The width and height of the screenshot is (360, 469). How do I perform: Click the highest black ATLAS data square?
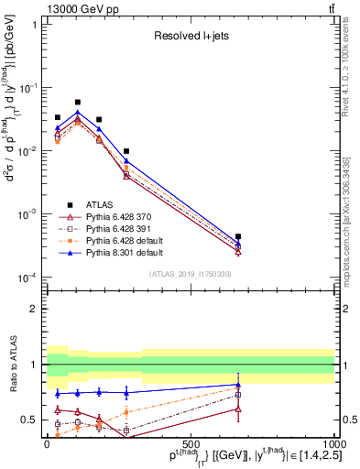(78, 103)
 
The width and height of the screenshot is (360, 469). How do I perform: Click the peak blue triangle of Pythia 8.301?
(78, 113)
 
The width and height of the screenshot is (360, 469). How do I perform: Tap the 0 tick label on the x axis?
(47, 443)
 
